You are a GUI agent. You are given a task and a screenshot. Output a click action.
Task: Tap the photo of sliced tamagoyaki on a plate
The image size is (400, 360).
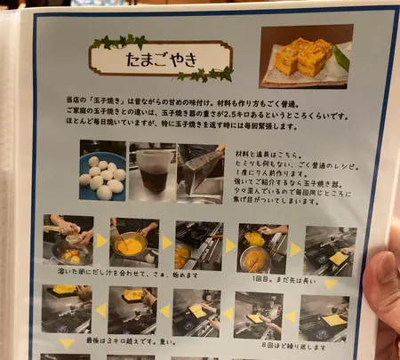tap(303, 55)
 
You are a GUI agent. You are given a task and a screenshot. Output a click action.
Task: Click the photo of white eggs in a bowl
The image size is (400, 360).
tap(102, 171)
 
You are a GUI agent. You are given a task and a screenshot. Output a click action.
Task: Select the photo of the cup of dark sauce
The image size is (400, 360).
tap(154, 171)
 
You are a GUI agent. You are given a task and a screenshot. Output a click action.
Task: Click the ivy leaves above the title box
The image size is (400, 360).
tap(120, 41)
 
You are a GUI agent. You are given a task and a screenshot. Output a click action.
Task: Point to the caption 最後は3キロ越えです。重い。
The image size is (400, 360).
tap(120, 341)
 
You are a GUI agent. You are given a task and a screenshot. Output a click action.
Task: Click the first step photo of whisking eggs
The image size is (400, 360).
tap(68, 240)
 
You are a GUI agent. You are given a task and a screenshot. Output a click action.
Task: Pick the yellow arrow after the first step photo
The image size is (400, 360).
tap(100, 241)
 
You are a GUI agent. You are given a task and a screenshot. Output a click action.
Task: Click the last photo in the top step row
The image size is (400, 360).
tap(330, 249)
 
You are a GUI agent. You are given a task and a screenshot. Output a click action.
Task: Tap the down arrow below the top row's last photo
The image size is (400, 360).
tap(330, 284)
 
